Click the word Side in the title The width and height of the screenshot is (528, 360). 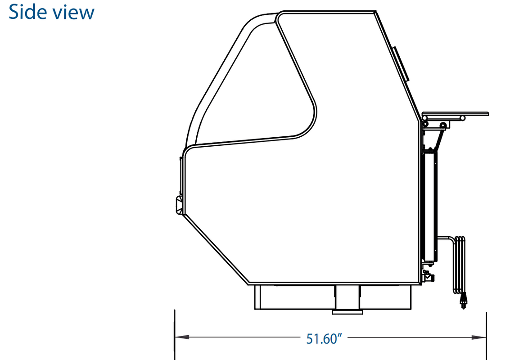click(x=27, y=12)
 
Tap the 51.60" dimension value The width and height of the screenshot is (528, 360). click(x=324, y=338)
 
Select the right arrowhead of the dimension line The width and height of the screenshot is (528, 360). click(x=479, y=337)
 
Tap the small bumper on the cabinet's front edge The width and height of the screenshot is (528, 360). click(x=179, y=205)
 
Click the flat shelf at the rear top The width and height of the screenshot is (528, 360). click(x=455, y=114)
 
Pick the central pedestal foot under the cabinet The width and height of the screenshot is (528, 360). click(x=347, y=300)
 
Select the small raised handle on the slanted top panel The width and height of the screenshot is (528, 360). click(x=401, y=64)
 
